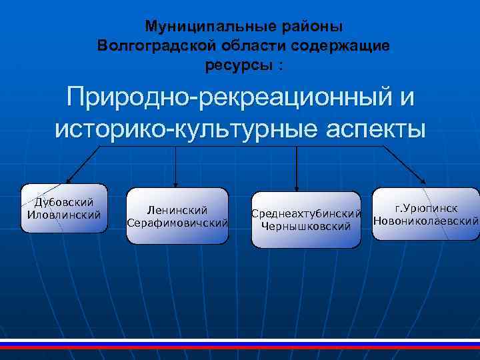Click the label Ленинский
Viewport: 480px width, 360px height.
coord(177,210)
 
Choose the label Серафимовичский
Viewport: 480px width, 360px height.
coord(177,222)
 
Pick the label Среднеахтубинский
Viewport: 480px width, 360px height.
coord(306,214)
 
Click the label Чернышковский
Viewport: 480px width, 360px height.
coord(306,227)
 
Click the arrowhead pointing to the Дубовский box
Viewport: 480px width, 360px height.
coord(67,181)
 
